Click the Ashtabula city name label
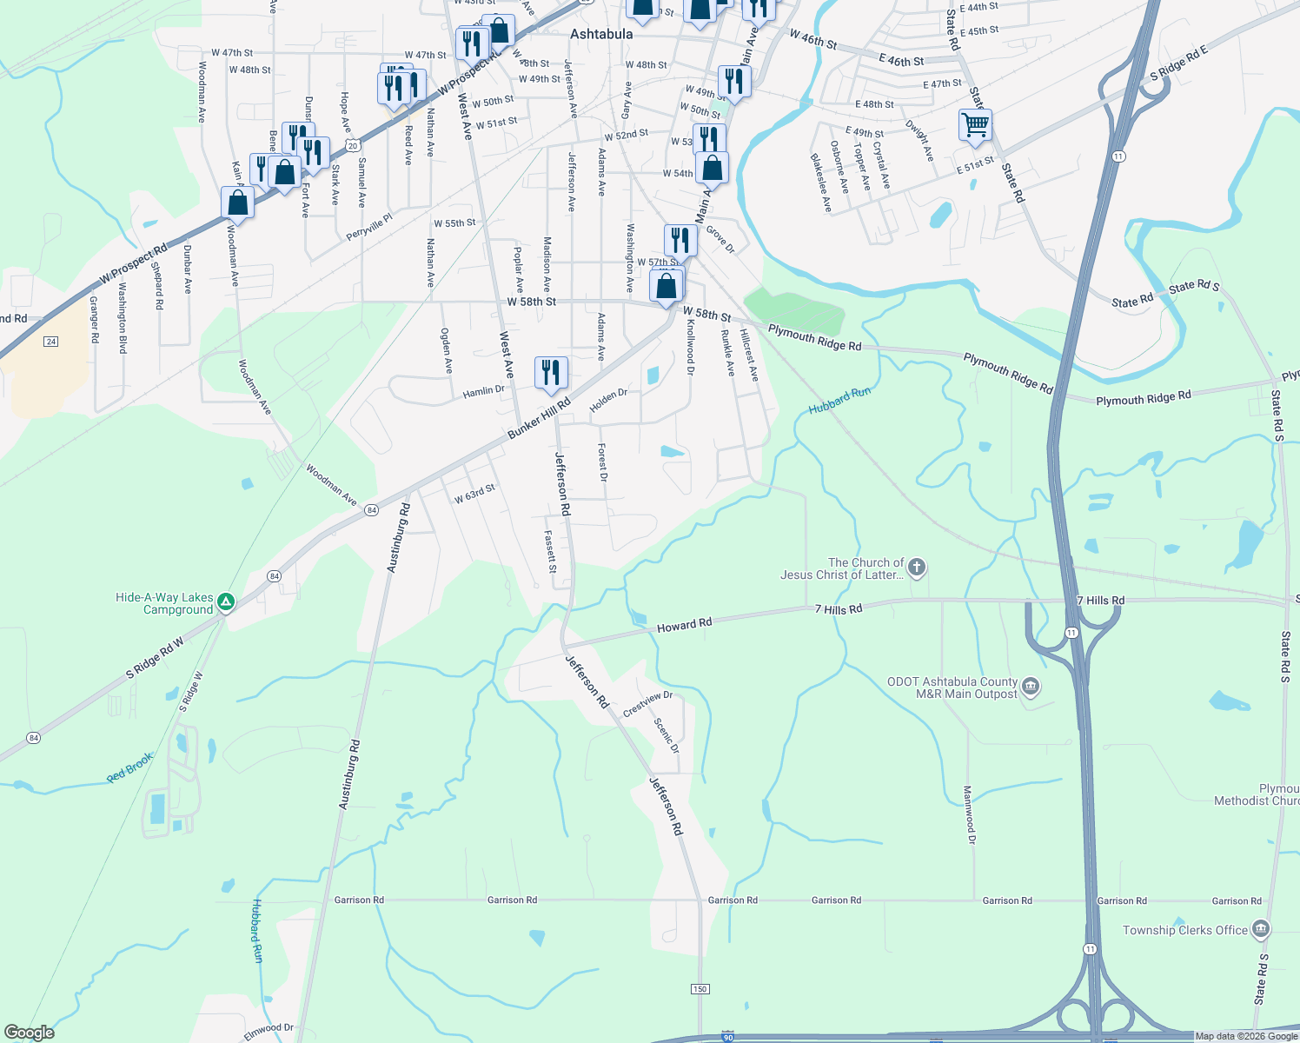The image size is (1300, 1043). [x=601, y=34]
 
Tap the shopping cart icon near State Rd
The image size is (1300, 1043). [x=975, y=124]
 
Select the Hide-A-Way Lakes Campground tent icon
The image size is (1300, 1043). [x=226, y=601]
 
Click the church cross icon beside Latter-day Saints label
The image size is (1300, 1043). [x=917, y=568]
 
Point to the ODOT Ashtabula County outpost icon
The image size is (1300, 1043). [x=1031, y=687]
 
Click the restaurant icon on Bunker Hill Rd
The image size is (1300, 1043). [x=551, y=372]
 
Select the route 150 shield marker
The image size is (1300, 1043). [x=700, y=989]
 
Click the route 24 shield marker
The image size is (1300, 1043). [x=51, y=342]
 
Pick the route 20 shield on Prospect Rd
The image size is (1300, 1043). [x=352, y=146]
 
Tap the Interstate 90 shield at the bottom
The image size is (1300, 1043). [x=727, y=1037]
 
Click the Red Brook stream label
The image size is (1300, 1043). [x=130, y=767]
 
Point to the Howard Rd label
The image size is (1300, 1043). [x=684, y=624]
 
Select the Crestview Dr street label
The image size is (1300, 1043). [x=647, y=703]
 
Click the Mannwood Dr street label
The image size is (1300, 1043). [x=970, y=815]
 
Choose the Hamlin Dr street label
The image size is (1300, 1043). [x=483, y=392]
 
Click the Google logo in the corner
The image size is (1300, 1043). [x=30, y=1033]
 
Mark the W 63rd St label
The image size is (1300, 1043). [x=474, y=494]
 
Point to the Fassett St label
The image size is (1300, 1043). [x=550, y=552]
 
